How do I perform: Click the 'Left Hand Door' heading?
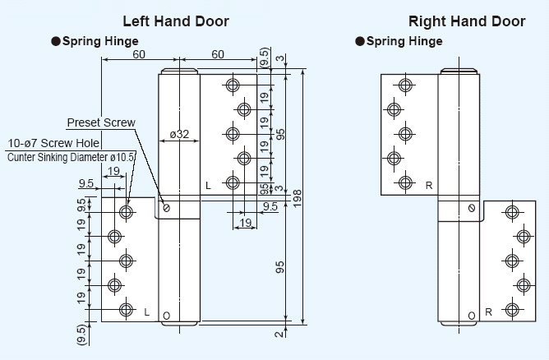[x=176, y=21]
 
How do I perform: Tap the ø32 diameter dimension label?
[x=179, y=133]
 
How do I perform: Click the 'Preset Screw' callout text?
[x=101, y=122]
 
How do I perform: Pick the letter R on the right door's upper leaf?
[x=428, y=186]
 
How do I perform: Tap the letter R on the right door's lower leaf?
[x=488, y=312]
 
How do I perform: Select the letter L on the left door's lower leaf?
[x=146, y=312]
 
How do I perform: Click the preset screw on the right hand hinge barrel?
[x=471, y=208]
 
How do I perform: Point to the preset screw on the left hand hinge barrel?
[x=166, y=208]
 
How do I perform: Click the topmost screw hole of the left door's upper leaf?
[x=233, y=85]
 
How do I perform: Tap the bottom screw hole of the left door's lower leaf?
[x=125, y=310]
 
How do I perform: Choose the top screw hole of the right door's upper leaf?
[x=404, y=84]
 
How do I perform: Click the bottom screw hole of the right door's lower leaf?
[x=513, y=310]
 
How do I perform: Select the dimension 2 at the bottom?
[x=279, y=333]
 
